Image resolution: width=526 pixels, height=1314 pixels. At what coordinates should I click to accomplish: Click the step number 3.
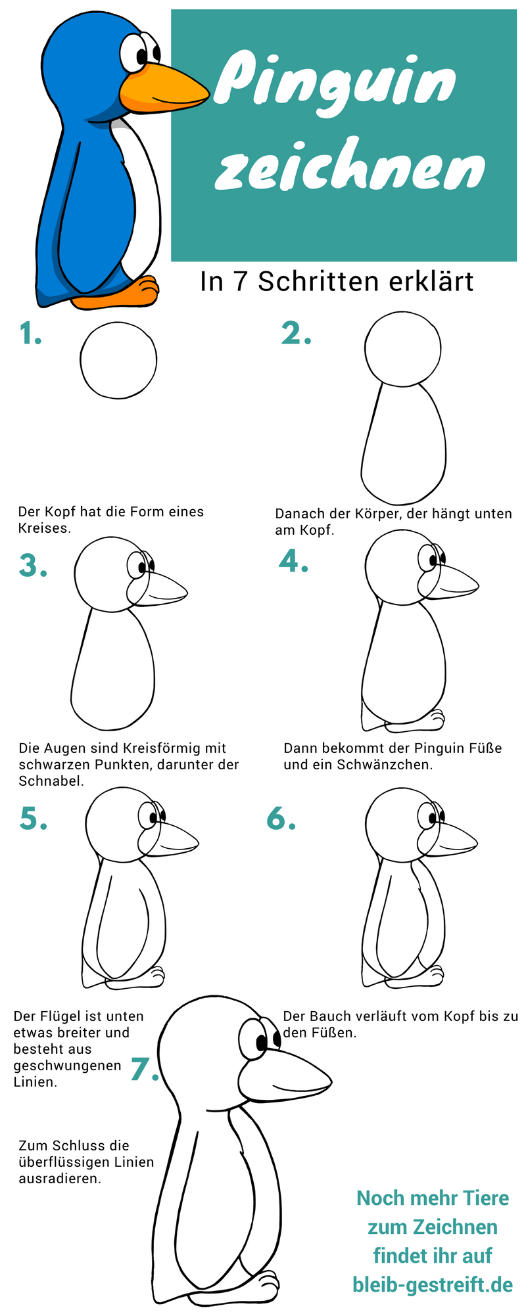coord(33,565)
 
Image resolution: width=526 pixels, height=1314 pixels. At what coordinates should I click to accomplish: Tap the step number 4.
coord(293,560)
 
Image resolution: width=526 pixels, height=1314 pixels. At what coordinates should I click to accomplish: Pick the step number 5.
coord(33,818)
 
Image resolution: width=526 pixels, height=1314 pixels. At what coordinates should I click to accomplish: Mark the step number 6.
coord(281,818)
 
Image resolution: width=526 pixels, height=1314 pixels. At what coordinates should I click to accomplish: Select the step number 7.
coord(145,1069)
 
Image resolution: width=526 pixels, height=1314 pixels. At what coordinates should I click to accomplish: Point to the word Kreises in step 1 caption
coord(44,528)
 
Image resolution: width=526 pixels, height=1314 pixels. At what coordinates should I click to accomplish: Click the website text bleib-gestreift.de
coord(432,1284)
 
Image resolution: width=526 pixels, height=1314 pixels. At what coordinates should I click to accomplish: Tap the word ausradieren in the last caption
coord(60,1179)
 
